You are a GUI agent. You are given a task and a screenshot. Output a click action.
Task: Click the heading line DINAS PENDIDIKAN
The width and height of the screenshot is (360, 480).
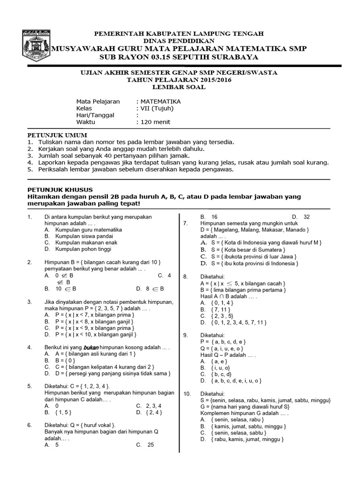[180, 41]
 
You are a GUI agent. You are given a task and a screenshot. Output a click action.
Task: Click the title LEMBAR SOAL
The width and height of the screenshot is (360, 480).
[180, 87]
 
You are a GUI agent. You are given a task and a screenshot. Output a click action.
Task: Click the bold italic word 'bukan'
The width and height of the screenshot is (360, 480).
[91, 347]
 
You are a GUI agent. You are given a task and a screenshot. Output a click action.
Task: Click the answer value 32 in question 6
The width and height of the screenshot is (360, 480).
[307, 217]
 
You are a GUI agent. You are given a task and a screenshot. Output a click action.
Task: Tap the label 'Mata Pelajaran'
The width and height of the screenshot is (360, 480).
[98, 101]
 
